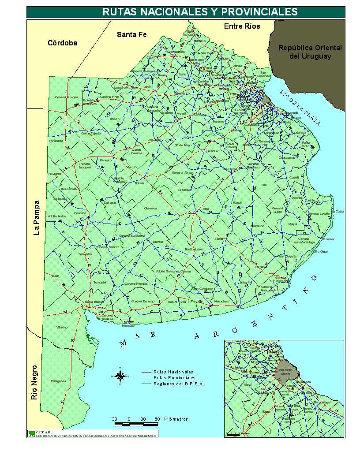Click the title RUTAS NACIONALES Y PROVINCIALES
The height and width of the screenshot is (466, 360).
[x=200, y=11]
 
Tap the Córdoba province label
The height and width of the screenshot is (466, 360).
[x=62, y=43]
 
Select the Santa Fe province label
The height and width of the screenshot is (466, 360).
[x=131, y=34]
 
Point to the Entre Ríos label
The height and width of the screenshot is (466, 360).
[x=242, y=26]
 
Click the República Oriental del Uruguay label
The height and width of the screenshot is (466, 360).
[x=310, y=52]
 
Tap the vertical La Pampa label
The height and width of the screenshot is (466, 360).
[x=37, y=218]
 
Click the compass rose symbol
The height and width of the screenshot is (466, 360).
[x=120, y=376]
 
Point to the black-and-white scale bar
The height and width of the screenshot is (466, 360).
[x=136, y=424]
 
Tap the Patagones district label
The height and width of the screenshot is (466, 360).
[x=58, y=381]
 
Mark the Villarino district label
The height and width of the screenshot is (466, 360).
[x=62, y=328]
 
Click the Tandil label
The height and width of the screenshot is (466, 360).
[x=219, y=239]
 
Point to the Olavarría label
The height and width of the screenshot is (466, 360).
[x=150, y=208]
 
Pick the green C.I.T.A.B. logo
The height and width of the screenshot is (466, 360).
[x=31, y=433]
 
